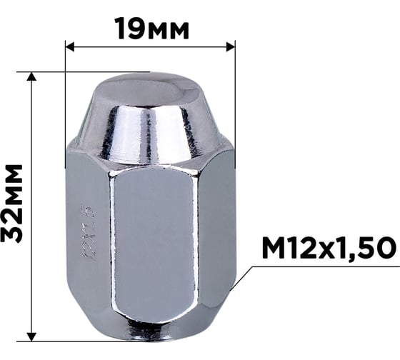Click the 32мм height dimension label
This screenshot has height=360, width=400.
tap(12, 203)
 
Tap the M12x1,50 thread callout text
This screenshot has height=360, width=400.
tap(328, 248)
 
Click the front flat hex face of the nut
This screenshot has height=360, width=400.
tap(151, 243)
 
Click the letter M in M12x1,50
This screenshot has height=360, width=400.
tap(273, 248)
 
